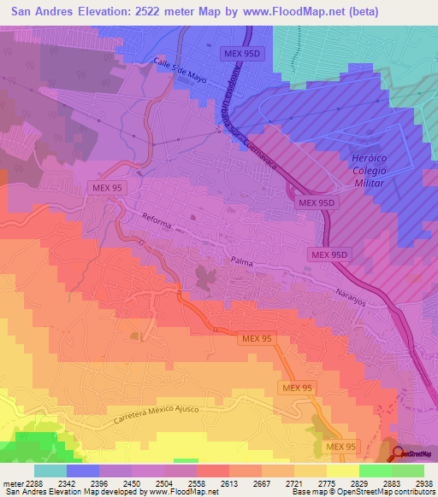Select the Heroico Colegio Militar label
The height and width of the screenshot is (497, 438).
click(370, 170)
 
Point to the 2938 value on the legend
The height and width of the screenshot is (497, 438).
click(424, 482)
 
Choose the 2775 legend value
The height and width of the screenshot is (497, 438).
click(327, 482)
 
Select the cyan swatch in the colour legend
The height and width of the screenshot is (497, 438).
click(50, 470)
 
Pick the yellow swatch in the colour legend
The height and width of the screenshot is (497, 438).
click(342, 470)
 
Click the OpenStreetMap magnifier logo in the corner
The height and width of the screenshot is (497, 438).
click(399, 453)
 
